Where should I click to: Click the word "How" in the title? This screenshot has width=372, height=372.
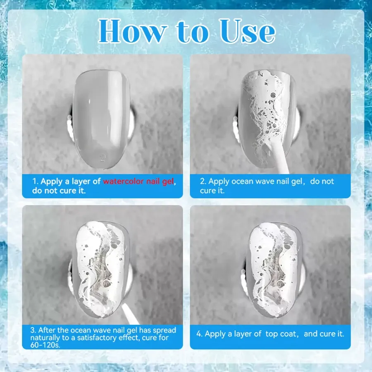[x=132, y=31]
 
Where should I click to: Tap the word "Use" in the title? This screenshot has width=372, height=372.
[x=248, y=31]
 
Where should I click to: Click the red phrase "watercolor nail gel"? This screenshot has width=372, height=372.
[x=138, y=181]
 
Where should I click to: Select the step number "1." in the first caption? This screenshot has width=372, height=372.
[x=36, y=181]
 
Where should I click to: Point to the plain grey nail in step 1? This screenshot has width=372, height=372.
[x=101, y=119]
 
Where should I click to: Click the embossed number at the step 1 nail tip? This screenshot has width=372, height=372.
[x=103, y=157]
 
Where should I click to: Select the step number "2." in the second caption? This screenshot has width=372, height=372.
[x=203, y=181]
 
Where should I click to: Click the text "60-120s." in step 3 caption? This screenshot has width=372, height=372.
[x=45, y=345]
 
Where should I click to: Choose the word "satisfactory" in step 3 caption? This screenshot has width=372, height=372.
[x=97, y=338]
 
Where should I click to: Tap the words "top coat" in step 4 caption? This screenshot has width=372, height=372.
[x=281, y=334]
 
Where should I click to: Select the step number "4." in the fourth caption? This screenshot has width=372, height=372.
[x=200, y=334]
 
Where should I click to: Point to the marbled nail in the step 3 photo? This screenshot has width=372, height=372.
[x=102, y=269]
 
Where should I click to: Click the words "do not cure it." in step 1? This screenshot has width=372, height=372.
[x=59, y=191]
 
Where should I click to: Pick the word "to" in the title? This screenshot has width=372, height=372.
[x=193, y=32]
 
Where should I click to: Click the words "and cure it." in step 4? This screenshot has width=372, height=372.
[x=324, y=334]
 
